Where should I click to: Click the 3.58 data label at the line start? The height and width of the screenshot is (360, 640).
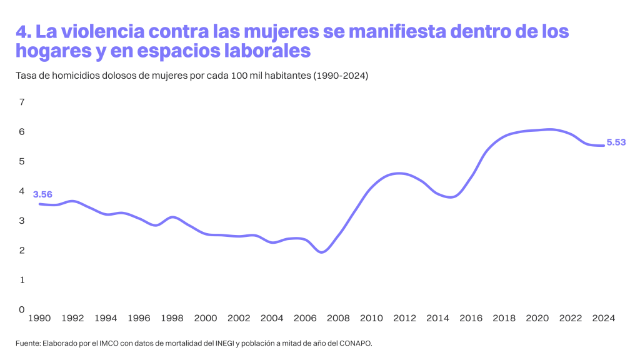click(42, 194)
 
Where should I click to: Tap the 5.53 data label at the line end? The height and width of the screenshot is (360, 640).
click(616, 143)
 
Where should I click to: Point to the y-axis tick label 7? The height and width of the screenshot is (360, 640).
click(22, 102)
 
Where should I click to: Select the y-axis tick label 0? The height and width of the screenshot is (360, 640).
click(22, 309)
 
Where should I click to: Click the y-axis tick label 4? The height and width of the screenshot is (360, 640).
click(22, 191)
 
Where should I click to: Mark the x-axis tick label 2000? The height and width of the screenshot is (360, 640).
click(205, 318)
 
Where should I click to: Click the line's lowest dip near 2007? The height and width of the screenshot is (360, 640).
click(321, 252)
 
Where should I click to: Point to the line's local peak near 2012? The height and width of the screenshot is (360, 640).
click(398, 173)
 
